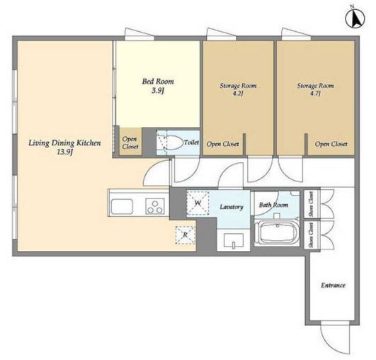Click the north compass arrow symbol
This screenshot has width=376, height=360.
click(x=355, y=18)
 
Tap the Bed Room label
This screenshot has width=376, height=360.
click(x=158, y=81)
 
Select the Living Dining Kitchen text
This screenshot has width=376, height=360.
click(x=64, y=143)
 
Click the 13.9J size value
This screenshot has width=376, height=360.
click(x=64, y=152)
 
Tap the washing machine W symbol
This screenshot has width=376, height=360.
click(x=198, y=203)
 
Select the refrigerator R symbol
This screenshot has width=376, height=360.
click(x=186, y=235)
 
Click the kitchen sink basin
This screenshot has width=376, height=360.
click(x=122, y=207)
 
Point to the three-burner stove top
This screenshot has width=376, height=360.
click(x=154, y=206)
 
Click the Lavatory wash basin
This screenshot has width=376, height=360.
click(x=234, y=240)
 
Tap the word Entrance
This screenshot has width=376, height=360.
click(x=333, y=286)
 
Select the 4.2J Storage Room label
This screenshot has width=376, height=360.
click(x=238, y=89)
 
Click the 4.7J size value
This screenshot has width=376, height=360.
click(x=315, y=94)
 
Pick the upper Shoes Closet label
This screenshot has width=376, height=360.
click(x=311, y=204)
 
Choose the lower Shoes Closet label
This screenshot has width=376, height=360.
click(x=312, y=235)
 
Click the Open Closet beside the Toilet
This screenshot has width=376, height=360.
click(x=130, y=143)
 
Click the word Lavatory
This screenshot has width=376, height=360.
click(x=232, y=207)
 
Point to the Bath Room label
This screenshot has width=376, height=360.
click(x=273, y=205)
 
